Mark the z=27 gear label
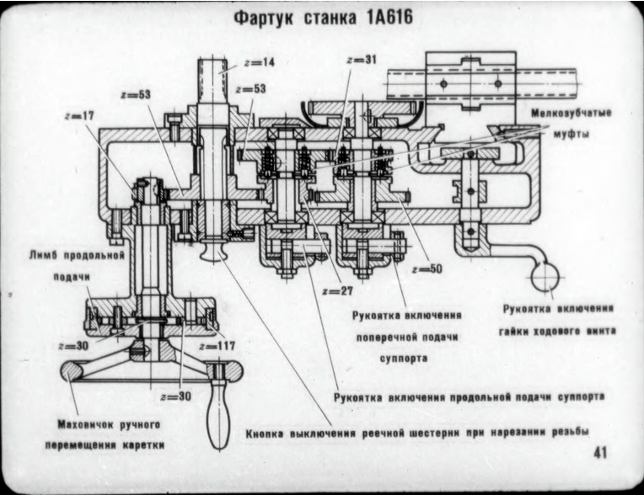tap(336, 290)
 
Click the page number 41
tap(600, 452)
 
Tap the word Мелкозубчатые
tap(572, 113)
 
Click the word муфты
tap(571, 133)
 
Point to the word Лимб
tap(44, 253)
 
